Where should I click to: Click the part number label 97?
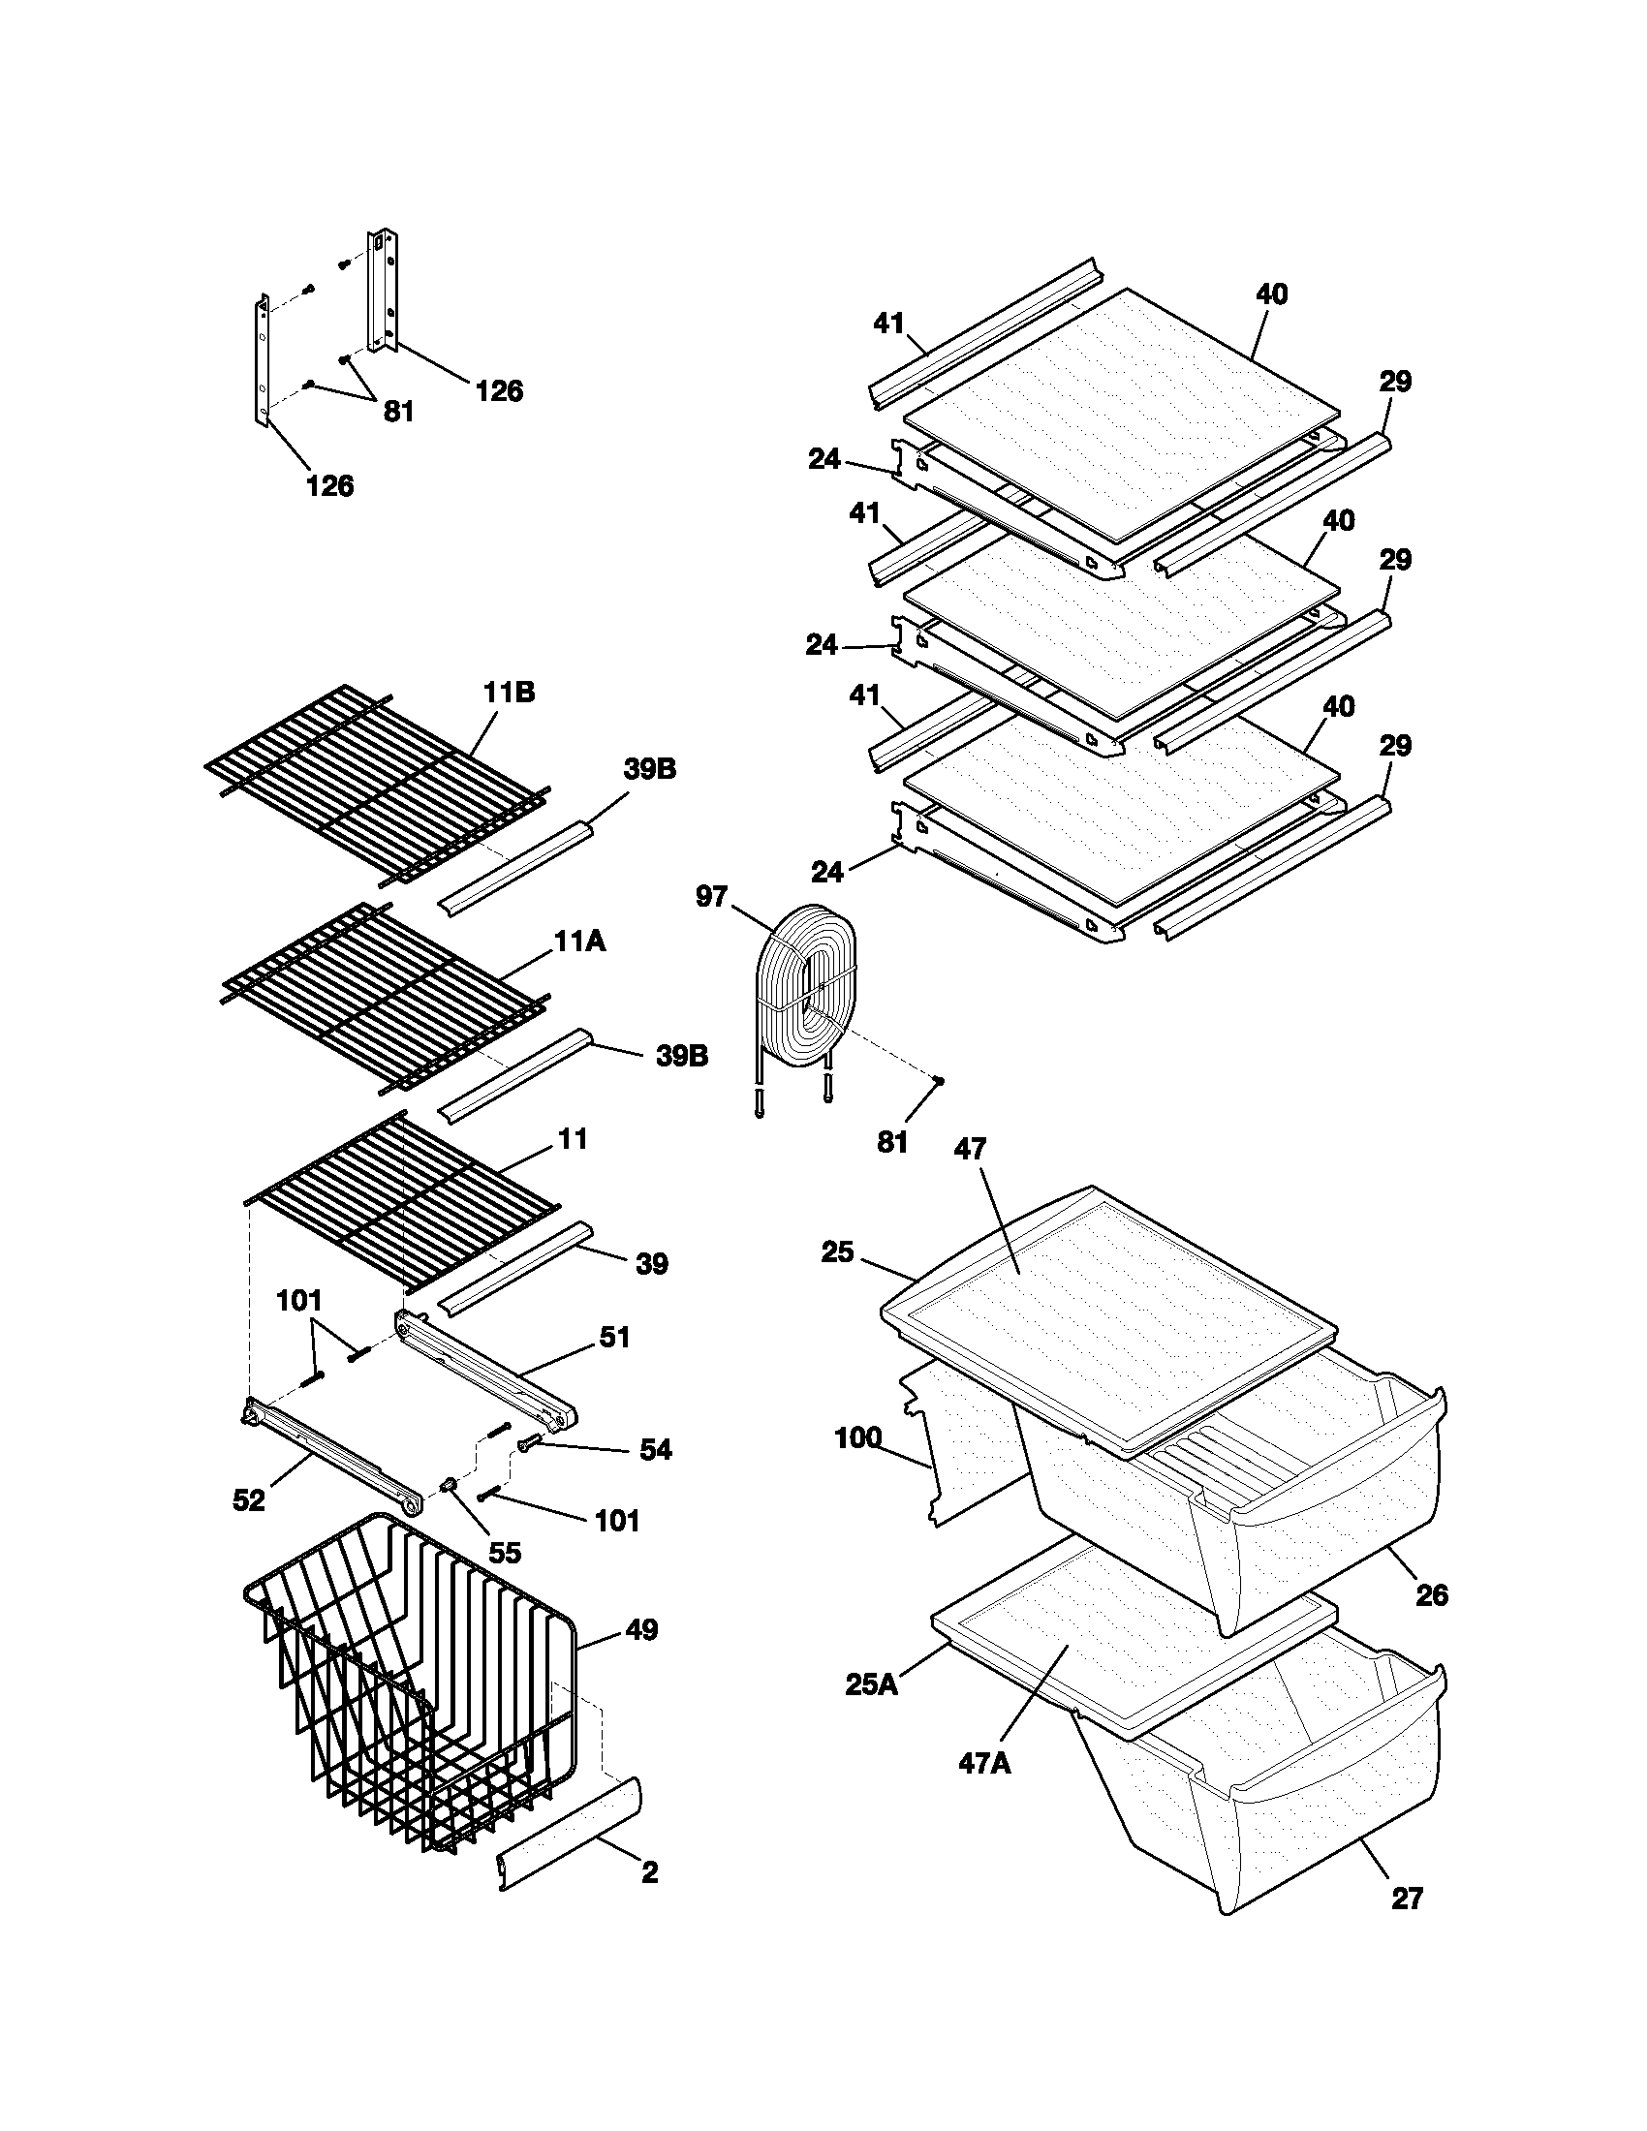coord(711,896)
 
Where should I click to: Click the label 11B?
coord(509,694)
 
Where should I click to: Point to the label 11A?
coord(579,942)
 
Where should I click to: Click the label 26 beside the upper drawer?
coord(1432,1595)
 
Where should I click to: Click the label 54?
coord(655,1450)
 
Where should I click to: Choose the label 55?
coord(505,1553)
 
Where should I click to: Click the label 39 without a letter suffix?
coord(652,1264)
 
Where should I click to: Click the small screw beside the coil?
coord(938,1079)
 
